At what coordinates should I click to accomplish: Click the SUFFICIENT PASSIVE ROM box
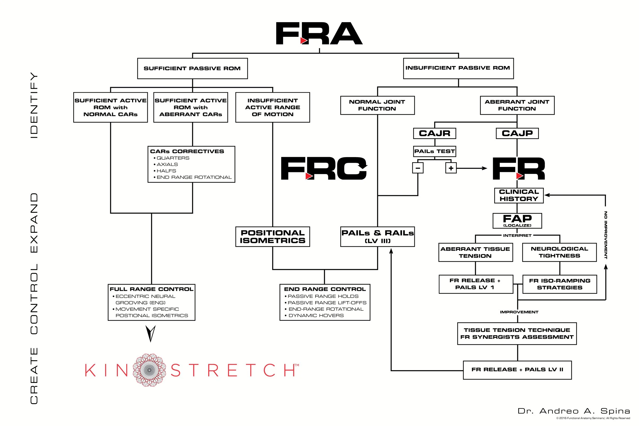(x=192, y=68)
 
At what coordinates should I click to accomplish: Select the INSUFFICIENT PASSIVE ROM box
(x=458, y=68)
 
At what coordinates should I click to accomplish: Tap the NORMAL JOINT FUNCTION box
(x=377, y=105)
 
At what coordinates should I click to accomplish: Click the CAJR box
(x=435, y=133)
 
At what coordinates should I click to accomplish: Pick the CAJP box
(x=517, y=133)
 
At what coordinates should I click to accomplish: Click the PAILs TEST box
(x=435, y=151)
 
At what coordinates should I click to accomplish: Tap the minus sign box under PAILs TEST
(x=417, y=168)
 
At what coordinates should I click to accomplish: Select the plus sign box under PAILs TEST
(x=451, y=168)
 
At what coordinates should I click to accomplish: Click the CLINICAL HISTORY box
(x=519, y=195)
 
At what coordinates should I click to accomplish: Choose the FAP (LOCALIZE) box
(x=517, y=221)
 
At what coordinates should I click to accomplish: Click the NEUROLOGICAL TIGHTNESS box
(x=559, y=252)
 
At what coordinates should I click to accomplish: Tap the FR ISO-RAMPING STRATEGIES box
(x=559, y=284)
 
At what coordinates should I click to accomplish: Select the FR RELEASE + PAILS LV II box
(x=517, y=370)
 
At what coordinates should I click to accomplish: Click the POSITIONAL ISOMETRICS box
(x=272, y=237)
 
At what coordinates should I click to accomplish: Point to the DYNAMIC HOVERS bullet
(x=316, y=316)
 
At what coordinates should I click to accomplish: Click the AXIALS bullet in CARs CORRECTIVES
(x=167, y=164)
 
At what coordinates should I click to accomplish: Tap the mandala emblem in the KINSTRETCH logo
(x=149, y=370)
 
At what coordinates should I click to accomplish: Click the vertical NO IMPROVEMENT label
(x=605, y=235)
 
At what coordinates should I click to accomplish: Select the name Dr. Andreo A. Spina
(x=574, y=411)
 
